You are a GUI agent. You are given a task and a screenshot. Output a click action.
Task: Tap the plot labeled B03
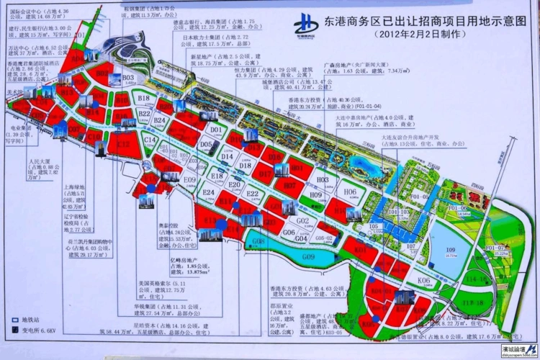coord(128,78)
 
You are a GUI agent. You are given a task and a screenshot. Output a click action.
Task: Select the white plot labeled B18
coord(143,99)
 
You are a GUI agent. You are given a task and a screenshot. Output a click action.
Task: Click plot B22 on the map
coord(145,114)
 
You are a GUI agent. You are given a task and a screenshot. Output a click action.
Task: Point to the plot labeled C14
coord(150,140)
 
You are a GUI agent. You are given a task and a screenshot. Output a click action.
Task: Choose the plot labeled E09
coord(190,179)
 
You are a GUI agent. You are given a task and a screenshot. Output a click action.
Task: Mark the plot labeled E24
coord(210,194)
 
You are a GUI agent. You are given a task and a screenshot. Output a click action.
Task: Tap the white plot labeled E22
coord(252,194)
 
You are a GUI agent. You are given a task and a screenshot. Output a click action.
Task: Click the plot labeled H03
coord(323,179)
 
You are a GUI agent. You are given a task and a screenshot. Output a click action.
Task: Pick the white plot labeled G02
coord(302,220)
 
